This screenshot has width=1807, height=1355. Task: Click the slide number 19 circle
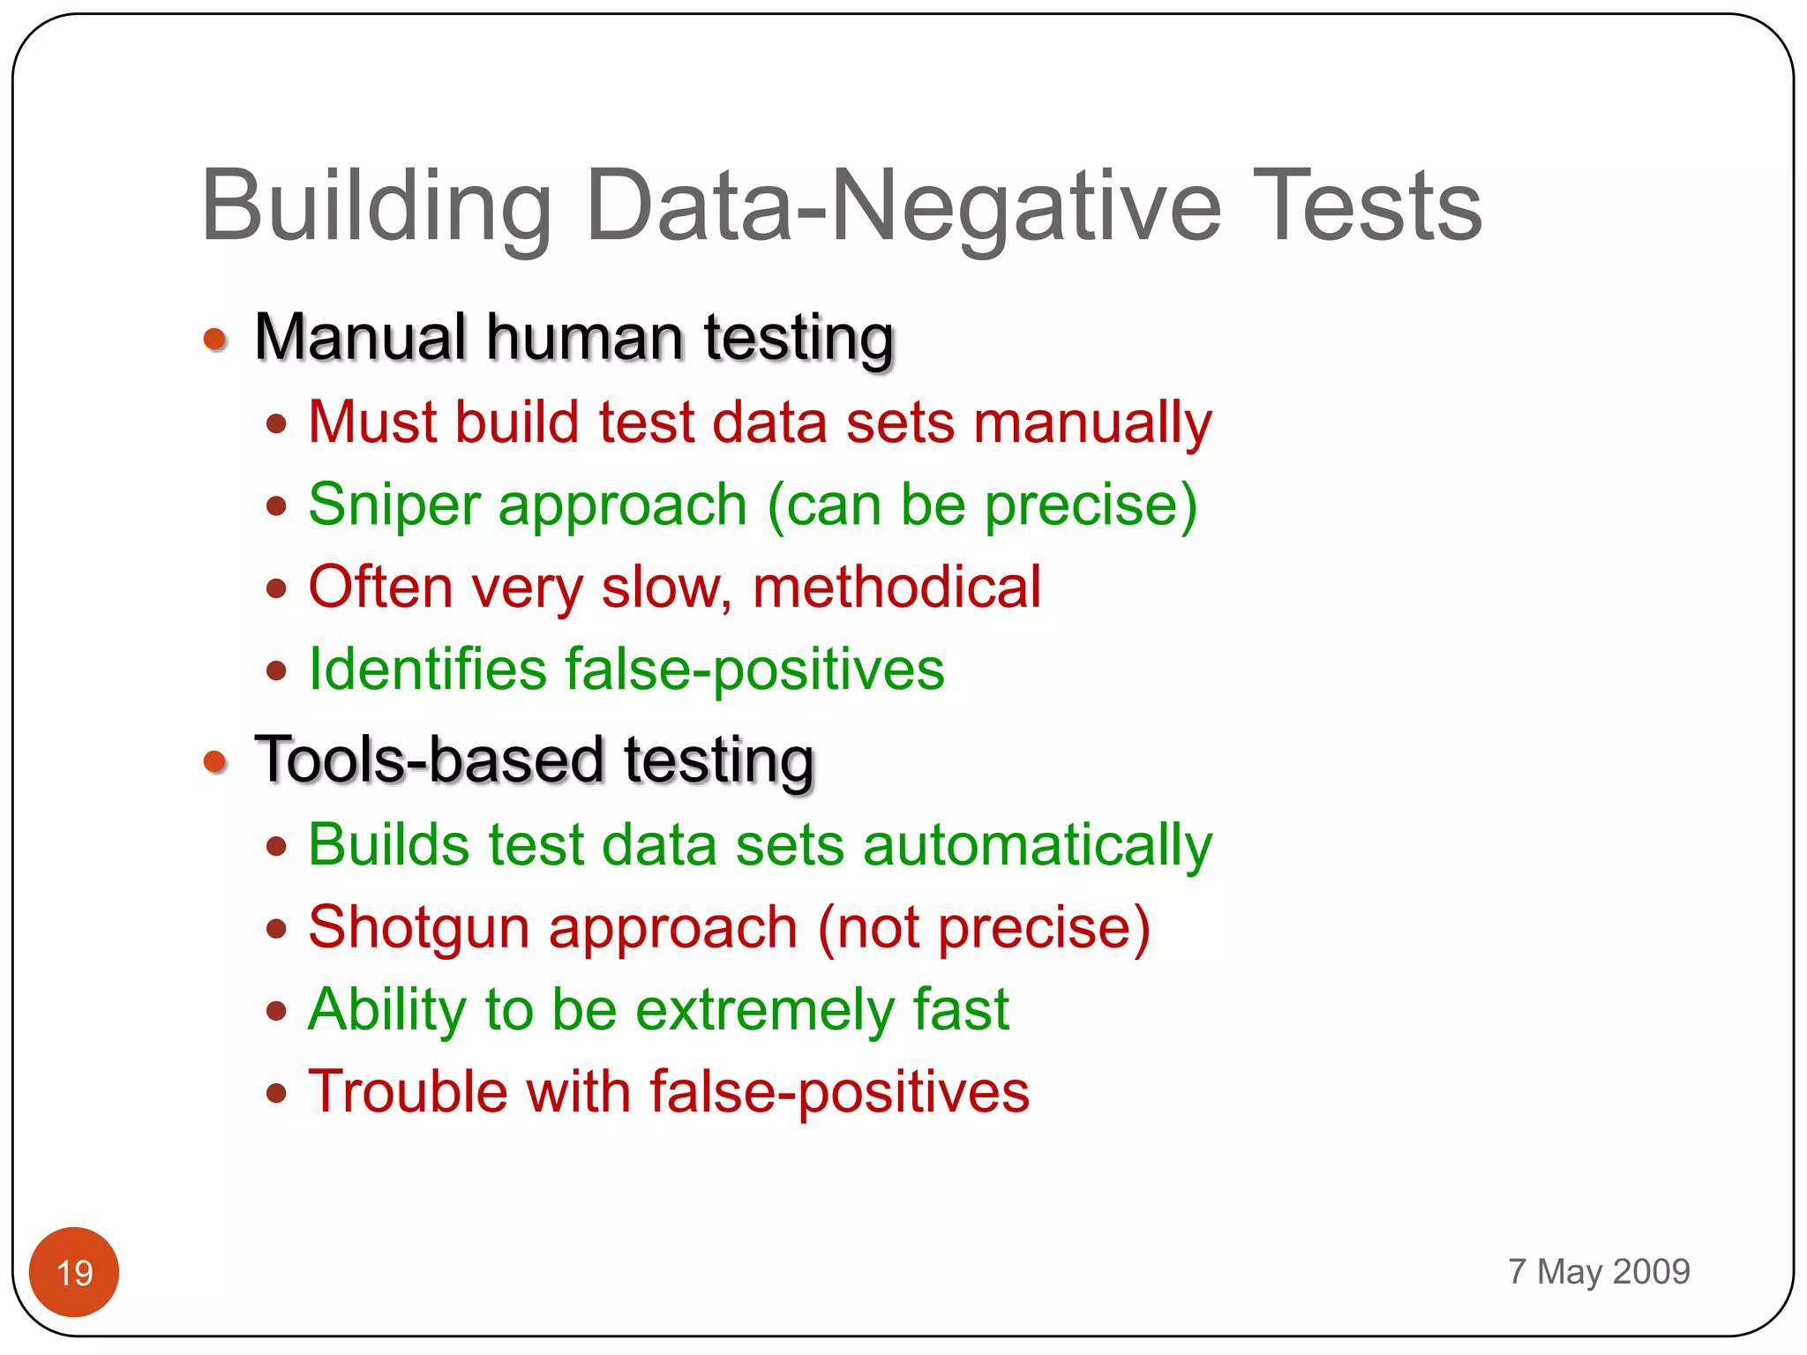click(x=74, y=1272)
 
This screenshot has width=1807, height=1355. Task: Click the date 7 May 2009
click(x=1599, y=1271)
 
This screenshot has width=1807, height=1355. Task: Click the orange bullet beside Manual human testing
click(x=215, y=339)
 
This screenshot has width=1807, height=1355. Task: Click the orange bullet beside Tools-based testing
click(x=215, y=760)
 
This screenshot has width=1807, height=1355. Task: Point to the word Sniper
click(x=393, y=505)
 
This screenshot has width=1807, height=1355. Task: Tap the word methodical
click(x=896, y=587)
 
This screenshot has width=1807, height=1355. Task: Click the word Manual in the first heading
click(x=359, y=337)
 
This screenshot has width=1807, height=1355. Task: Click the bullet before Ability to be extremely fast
click(x=277, y=1010)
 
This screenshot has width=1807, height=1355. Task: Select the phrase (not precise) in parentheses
click(x=984, y=928)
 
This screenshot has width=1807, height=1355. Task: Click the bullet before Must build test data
click(x=277, y=423)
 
